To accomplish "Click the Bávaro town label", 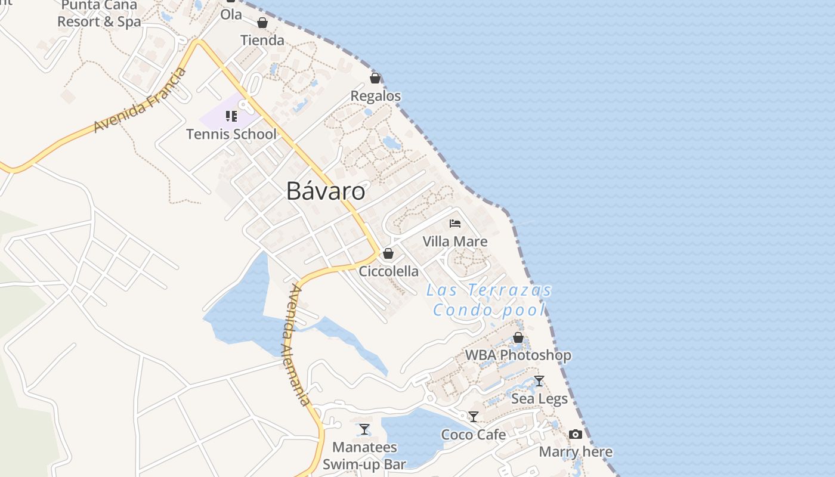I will tap(326, 191).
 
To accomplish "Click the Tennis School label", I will tap(231, 134).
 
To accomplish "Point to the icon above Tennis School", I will tap(231, 116).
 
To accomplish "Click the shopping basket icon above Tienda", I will tap(262, 23).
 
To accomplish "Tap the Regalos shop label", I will tap(376, 96).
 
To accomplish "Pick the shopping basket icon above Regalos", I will tap(375, 78).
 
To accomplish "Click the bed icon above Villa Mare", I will tap(455, 224).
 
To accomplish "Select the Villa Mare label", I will tap(455, 241).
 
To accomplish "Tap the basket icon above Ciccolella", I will tap(388, 253).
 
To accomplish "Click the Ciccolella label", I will tap(389, 271).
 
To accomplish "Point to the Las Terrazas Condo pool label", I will tap(489, 300).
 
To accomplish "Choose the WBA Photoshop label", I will tap(518, 355).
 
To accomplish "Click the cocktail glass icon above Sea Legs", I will tap(539, 381).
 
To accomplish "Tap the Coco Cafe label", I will tap(474, 435).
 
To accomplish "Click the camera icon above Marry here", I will tap(576, 434).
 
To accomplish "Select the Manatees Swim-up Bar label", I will tap(364, 456).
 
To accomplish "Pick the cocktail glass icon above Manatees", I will tap(364, 429).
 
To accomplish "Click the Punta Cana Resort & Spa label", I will tap(100, 14).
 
